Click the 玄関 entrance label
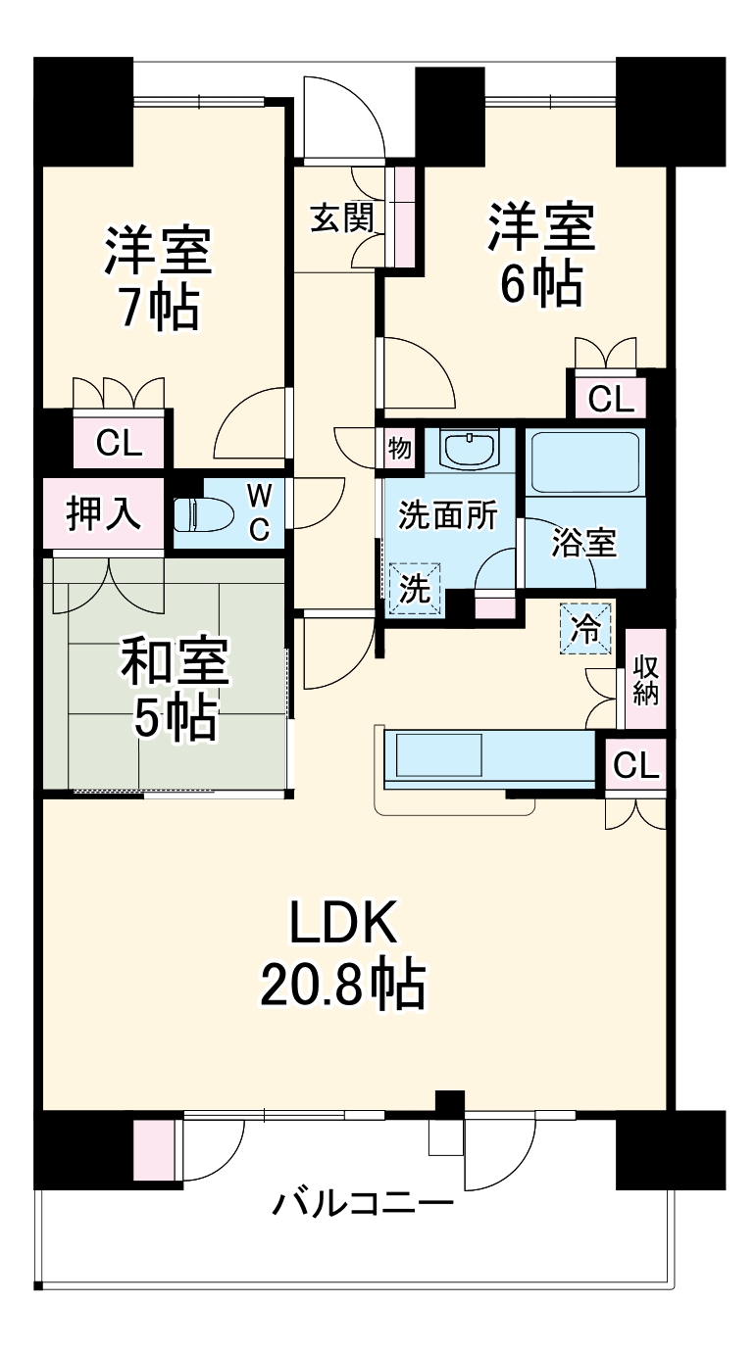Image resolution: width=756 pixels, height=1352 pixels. [x=342, y=217]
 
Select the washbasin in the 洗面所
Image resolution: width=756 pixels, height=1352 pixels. [x=470, y=450]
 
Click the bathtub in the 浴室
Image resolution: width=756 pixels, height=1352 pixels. [x=585, y=462]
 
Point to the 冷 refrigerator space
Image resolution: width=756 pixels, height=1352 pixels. [x=585, y=629]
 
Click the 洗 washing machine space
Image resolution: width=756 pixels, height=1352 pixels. [x=415, y=589]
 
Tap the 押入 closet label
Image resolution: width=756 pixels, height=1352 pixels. [x=103, y=514]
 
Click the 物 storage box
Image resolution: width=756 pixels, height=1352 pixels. [x=399, y=449]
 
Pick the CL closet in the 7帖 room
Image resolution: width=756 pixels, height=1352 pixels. [x=119, y=443]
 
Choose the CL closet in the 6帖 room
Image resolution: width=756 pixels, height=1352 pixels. [x=610, y=399]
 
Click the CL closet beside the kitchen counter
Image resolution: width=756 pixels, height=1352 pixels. [x=635, y=764]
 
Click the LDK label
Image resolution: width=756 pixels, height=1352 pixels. [x=342, y=922]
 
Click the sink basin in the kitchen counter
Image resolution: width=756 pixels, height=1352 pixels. [x=438, y=754]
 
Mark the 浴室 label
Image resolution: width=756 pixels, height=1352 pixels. [x=583, y=543]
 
